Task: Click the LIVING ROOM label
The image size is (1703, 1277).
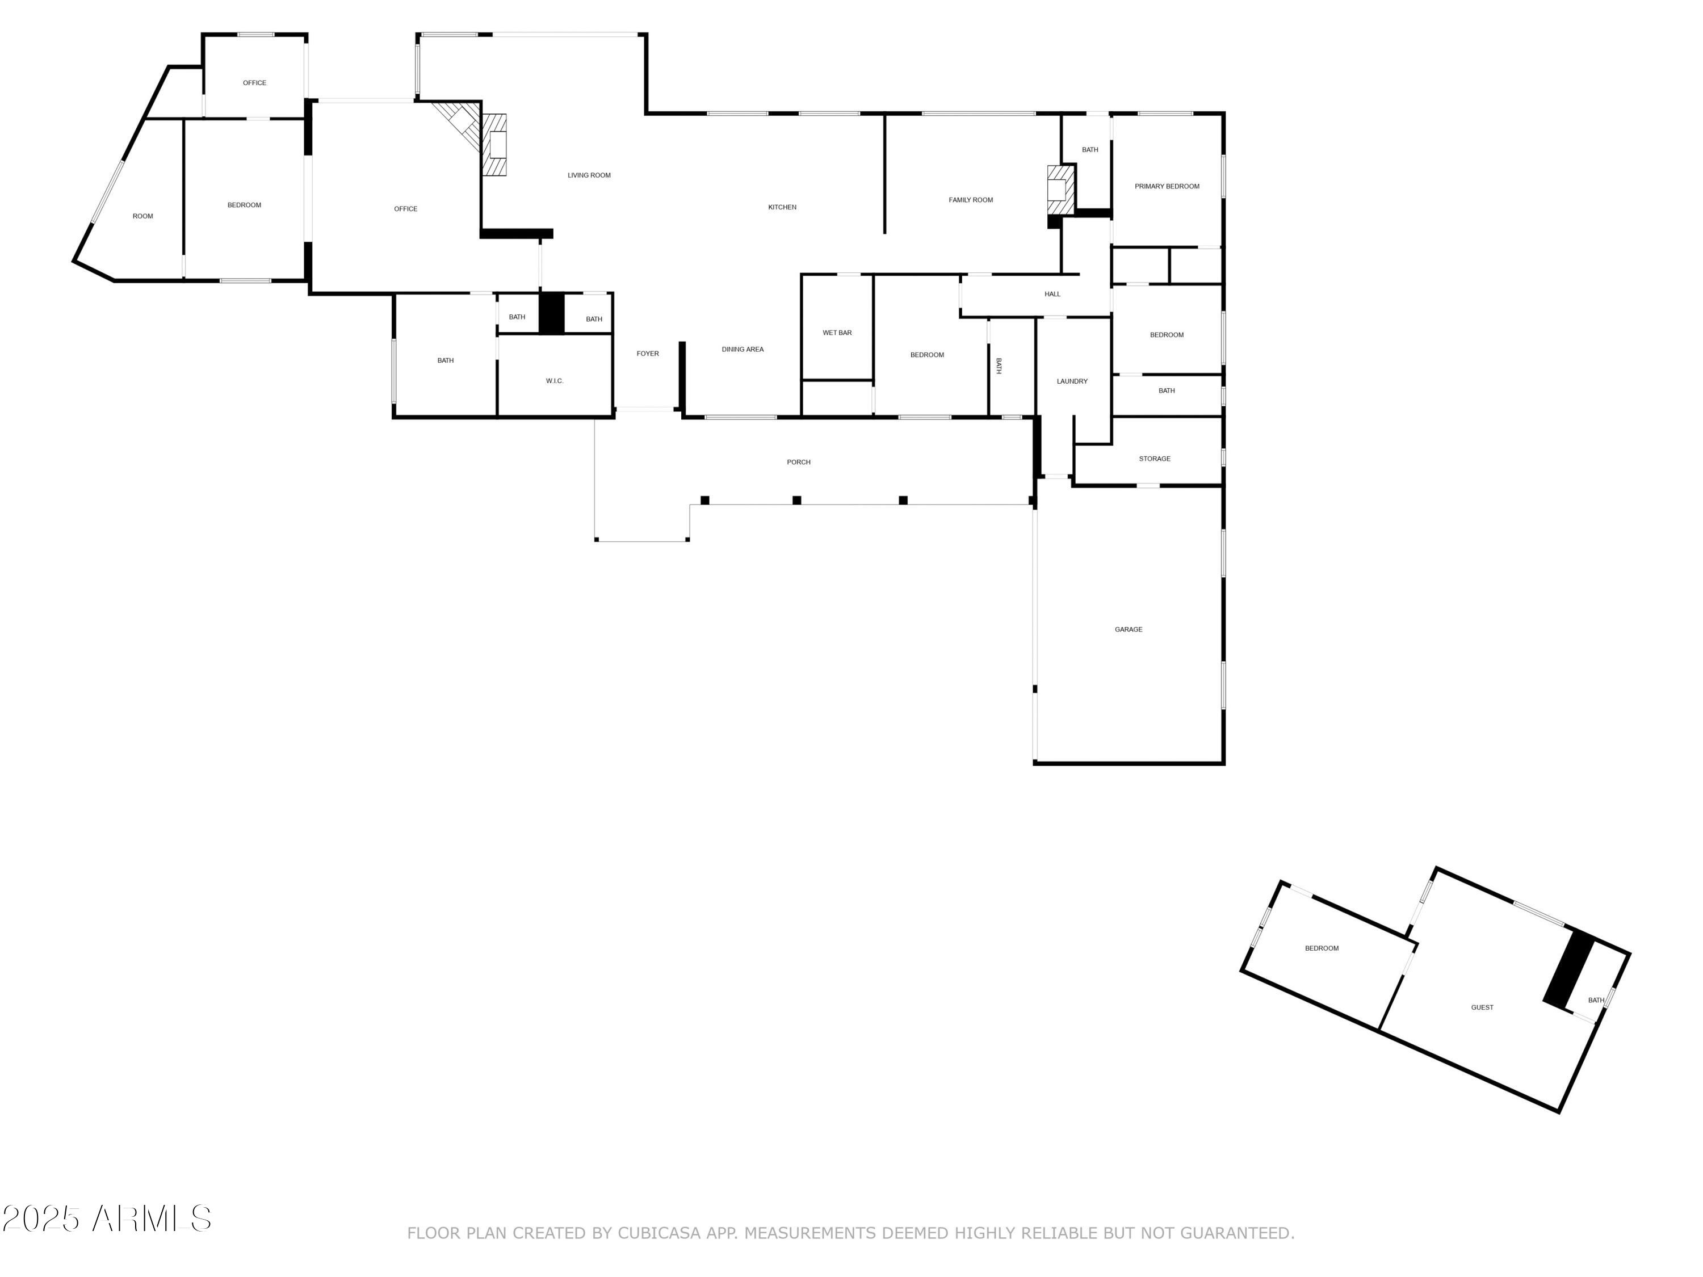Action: coord(589,175)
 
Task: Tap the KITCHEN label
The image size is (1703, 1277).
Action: coord(782,207)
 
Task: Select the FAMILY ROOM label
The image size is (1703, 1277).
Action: coord(970,200)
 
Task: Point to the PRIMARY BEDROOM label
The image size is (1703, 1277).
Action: coord(1167,186)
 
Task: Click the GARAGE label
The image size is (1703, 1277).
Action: coord(1128,629)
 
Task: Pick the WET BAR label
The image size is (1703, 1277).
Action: coord(837,333)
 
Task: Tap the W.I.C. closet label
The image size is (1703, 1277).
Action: coord(554,381)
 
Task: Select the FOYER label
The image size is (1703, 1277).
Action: coord(648,354)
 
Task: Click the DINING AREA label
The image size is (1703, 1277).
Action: coord(742,350)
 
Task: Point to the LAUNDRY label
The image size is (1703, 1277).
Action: coord(1072,381)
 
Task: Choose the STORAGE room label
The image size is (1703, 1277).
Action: coord(1154,459)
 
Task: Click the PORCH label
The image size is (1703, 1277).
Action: coord(798,462)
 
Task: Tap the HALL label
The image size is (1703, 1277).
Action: coord(1052,294)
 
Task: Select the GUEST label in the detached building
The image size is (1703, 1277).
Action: coord(1482,1007)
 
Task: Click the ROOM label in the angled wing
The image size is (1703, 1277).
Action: coord(142,216)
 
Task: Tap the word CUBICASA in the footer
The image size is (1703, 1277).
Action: coord(658,1233)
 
